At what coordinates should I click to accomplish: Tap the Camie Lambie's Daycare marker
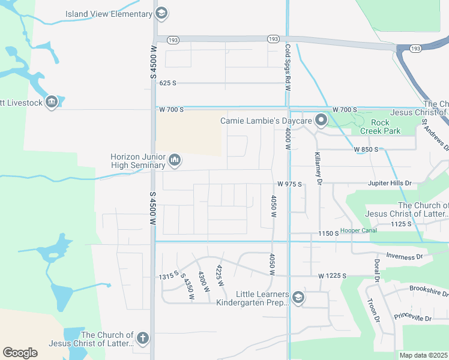[321, 121]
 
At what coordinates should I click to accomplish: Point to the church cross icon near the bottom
[142, 338]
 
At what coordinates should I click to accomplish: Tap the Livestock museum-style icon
[52, 103]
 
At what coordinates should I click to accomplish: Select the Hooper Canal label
[359, 230]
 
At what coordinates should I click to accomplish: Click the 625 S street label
[168, 83]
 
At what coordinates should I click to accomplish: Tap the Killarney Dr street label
[318, 168]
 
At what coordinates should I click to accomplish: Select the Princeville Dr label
[413, 316]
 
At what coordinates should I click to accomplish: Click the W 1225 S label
[333, 276]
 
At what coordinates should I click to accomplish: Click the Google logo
[20, 352]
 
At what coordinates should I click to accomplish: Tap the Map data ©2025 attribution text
[424, 355]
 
